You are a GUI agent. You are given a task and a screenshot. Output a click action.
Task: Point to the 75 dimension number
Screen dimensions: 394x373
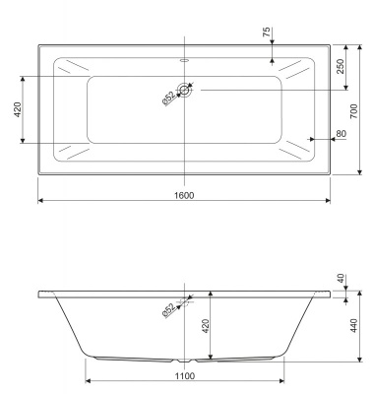tap(267, 33)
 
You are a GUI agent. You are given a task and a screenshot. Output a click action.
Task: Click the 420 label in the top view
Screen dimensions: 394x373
tap(17, 109)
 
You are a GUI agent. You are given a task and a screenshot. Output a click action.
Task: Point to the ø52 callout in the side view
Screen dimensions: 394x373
tap(169, 310)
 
